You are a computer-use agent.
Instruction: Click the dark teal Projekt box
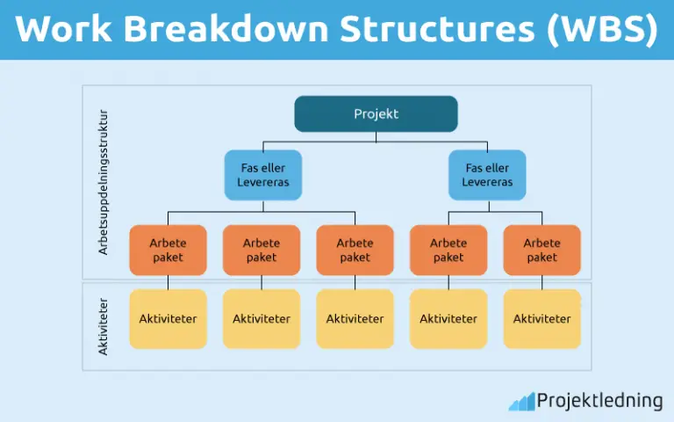point(376,113)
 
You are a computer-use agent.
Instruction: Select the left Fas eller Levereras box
point(262,174)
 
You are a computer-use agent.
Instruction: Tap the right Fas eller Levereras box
point(487,174)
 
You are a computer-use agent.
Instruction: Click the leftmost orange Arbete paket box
point(168,250)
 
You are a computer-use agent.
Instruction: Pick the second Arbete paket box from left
point(262,250)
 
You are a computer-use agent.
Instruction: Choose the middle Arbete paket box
point(355,250)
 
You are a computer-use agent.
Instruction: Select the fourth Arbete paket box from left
point(448,250)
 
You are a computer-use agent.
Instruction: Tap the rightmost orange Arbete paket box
point(541,250)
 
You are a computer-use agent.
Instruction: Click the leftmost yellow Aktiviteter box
point(168,318)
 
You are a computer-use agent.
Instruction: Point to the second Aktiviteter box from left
point(262,318)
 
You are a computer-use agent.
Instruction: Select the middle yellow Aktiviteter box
point(355,318)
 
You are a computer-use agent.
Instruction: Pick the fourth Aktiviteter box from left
point(448,318)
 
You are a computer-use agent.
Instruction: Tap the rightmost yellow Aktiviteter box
point(541,318)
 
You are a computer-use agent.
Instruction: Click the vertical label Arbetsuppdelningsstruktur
point(103,182)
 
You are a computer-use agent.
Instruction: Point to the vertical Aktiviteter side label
point(103,325)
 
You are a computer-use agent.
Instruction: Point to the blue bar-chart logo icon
point(521,401)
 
